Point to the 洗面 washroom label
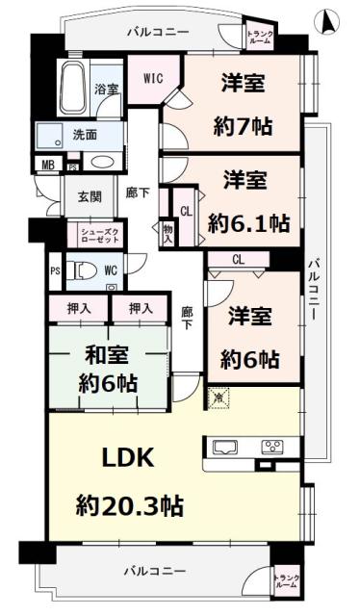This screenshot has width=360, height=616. click(x=85, y=136)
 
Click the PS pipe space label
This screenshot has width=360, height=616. click(x=55, y=271)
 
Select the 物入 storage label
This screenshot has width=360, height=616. click(x=167, y=233)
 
